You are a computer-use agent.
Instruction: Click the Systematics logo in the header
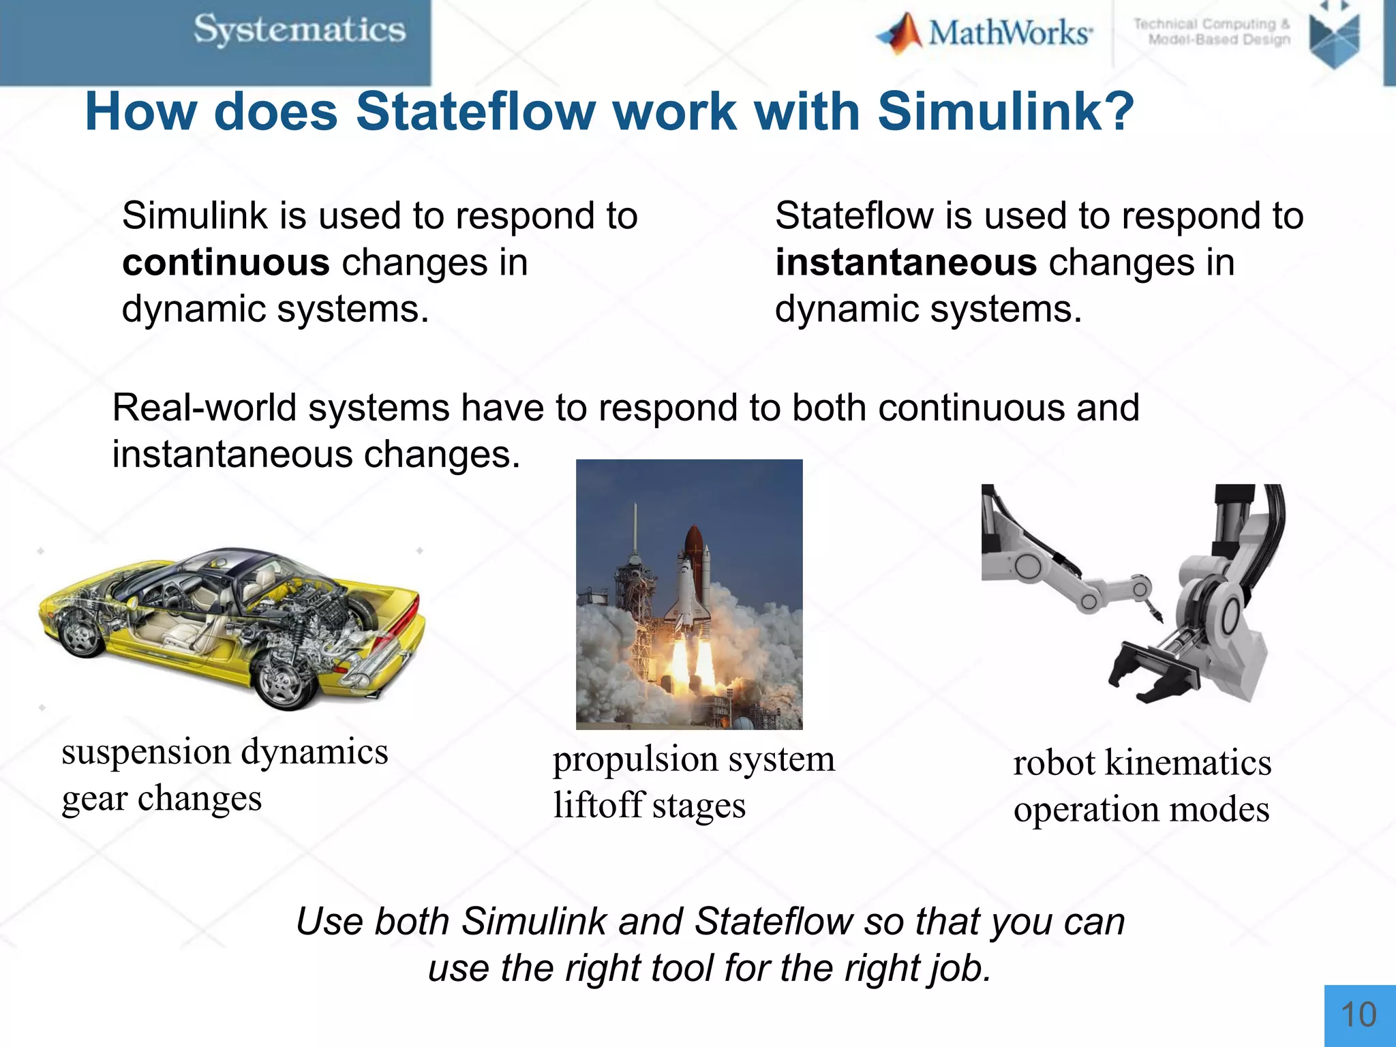click(x=300, y=31)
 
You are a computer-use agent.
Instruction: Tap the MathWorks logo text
click(x=1010, y=33)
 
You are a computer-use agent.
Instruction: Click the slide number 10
click(x=1359, y=1015)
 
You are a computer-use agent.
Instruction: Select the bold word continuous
click(x=226, y=262)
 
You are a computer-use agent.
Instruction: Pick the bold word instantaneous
click(x=906, y=262)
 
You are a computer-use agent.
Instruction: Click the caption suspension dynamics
click(x=225, y=752)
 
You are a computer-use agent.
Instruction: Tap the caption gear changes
click(x=162, y=798)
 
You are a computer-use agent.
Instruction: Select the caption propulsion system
click(x=693, y=759)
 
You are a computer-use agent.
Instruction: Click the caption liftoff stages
click(x=649, y=806)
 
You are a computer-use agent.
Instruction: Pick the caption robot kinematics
click(x=1142, y=762)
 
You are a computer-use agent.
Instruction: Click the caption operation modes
click(x=1141, y=810)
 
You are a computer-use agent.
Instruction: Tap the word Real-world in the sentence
click(x=204, y=408)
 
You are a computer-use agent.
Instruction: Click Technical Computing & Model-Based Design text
click(x=1212, y=32)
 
